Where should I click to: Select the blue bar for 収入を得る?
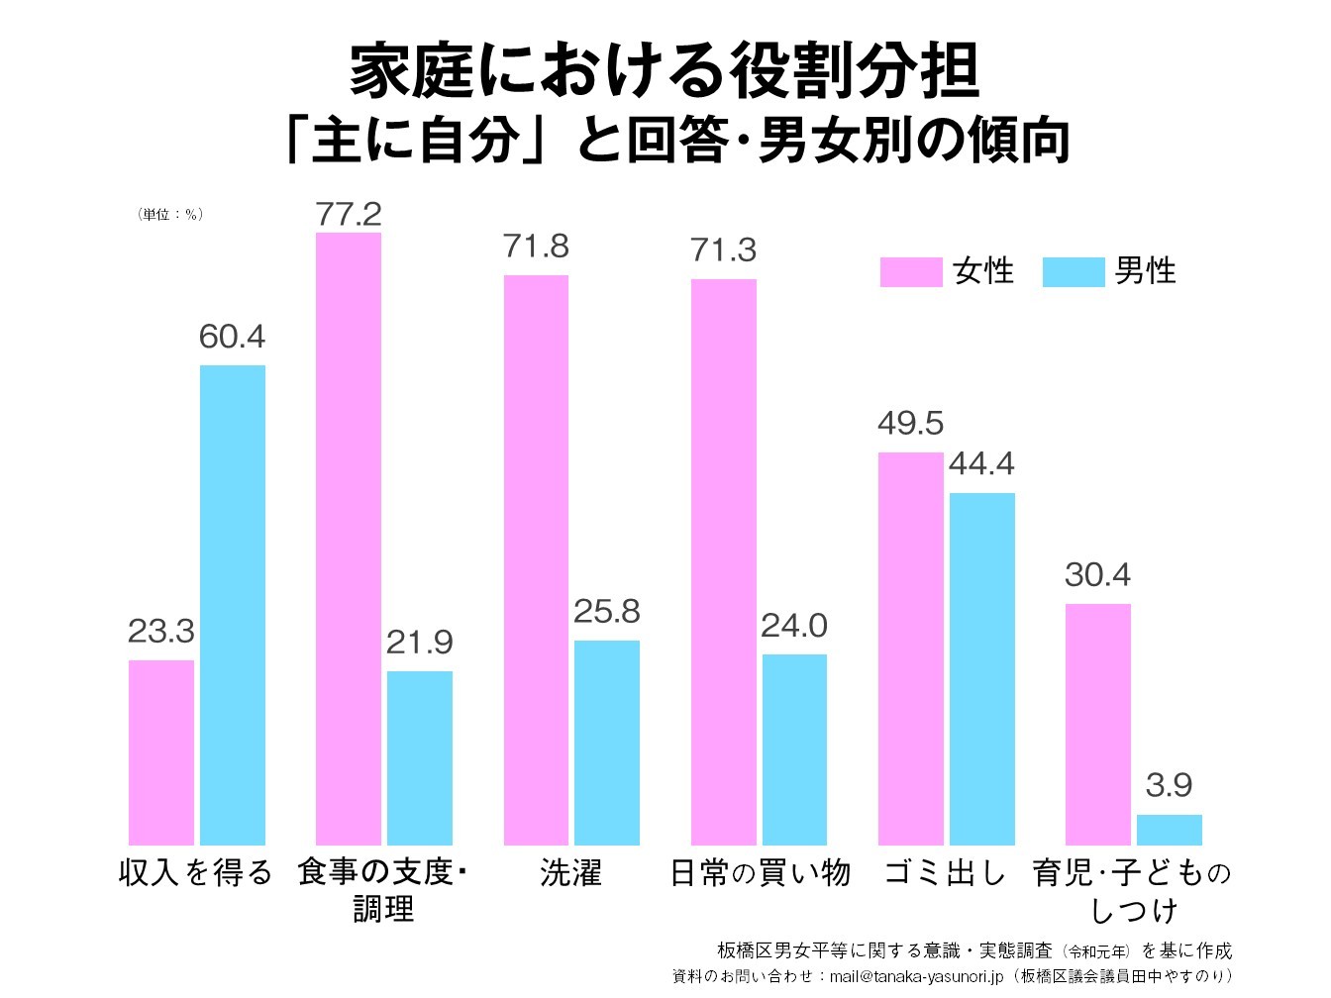233,605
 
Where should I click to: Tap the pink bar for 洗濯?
536,559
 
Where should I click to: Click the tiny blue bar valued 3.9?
1169,830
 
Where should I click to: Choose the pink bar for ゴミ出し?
911,649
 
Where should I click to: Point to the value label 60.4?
233,338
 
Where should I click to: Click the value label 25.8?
607,612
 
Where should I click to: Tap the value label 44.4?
981,464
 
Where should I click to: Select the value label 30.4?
1097,575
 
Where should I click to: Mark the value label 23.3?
161,632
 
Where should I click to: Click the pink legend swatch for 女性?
911,272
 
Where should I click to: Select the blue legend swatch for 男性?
1074,272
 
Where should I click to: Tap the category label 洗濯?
571,873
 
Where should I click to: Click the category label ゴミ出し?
945,873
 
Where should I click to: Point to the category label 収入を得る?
196,873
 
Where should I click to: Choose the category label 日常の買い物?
760,873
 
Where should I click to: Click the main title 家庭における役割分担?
665,72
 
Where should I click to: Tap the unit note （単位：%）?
170,215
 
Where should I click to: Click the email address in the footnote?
916,977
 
